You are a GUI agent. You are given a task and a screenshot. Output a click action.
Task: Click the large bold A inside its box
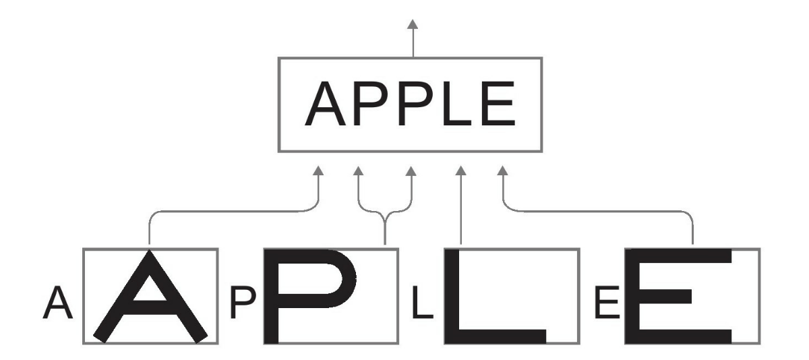150,297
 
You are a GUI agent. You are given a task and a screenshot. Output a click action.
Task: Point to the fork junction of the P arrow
385,217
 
